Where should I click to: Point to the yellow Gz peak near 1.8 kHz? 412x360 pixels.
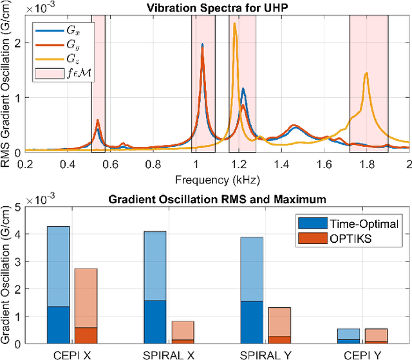click(366, 73)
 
